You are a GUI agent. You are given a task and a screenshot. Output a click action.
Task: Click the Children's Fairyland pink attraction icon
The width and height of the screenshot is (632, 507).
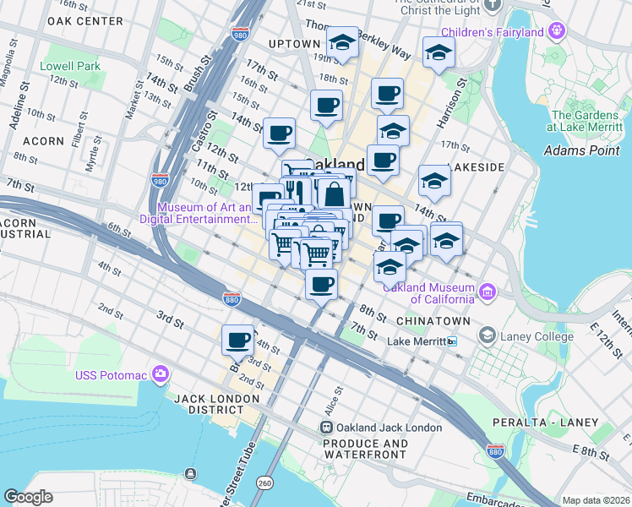pyautogui.click(x=556, y=32)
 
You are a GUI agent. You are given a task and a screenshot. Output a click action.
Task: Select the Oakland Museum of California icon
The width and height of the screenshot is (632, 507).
pyautogui.click(x=487, y=292)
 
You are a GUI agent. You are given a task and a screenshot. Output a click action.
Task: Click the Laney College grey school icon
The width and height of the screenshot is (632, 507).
pyautogui.click(x=487, y=336)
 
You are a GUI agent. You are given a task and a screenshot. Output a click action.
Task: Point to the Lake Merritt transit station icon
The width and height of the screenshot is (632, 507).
pyautogui.click(x=453, y=341)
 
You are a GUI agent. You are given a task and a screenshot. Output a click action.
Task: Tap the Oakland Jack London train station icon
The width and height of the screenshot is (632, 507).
pyautogui.click(x=327, y=428)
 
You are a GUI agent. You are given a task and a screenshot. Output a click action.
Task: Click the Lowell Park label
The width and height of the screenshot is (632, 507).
pyautogui.click(x=69, y=66)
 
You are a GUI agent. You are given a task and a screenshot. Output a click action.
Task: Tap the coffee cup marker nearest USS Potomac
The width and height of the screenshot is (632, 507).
pyautogui.click(x=237, y=340)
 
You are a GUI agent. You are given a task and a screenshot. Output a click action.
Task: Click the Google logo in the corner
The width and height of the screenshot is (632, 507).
pyautogui.click(x=29, y=497)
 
